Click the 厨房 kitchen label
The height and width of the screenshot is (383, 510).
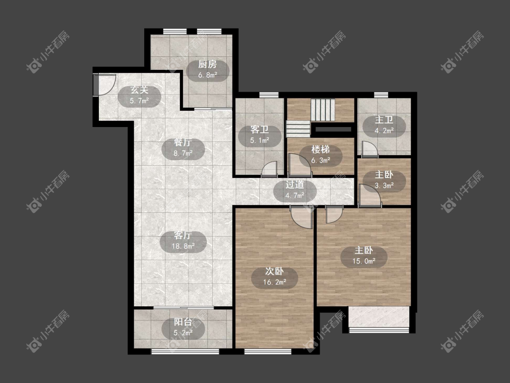(208, 70)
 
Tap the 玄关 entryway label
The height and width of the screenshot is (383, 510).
(140, 95)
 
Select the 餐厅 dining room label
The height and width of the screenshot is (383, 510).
(183, 148)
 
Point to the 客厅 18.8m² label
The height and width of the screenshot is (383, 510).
(183, 241)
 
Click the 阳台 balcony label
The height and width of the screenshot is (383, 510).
(183, 327)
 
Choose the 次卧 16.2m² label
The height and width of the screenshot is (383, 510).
(275, 276)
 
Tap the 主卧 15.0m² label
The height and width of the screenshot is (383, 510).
(364, 255)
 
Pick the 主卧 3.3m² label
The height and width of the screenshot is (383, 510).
(384, 180)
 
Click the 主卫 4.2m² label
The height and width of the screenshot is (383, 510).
(384, 125)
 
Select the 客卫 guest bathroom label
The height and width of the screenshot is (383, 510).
(260, 135)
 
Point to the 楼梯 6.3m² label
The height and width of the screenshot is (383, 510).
(321, 155)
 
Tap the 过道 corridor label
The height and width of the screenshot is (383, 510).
(295, 190)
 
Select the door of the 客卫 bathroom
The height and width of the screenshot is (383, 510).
(269, 169)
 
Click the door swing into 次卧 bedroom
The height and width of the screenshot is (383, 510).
(301, 217)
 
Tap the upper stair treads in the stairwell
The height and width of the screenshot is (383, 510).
(323, 110)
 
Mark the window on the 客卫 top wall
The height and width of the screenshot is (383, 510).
(269, 95)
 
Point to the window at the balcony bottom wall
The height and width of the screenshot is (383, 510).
(185, 351)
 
